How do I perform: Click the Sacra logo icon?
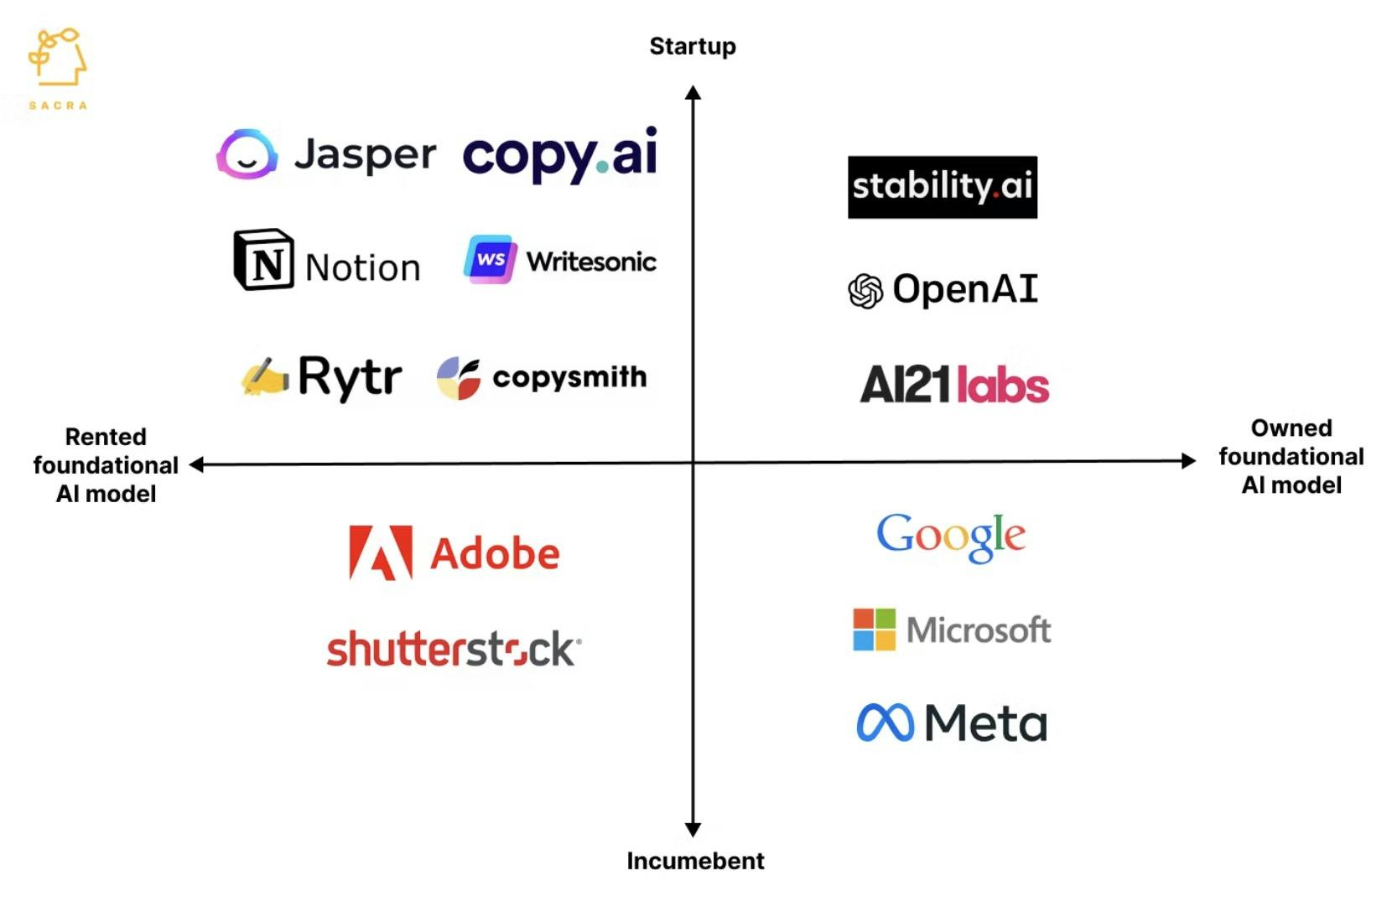tap(57, 56)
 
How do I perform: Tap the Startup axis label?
tap(693, 47)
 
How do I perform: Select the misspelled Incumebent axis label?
tap(695, 861)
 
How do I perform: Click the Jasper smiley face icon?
tap(247, 154)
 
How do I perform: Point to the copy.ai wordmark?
tap(560, 154)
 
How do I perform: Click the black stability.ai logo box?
tap(942, 187)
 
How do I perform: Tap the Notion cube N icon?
tap(263, 260)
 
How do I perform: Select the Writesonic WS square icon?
tap(491, 260)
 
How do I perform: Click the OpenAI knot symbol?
tap(865, 291)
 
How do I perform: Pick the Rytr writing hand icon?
tap(265, 376)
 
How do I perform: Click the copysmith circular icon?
tap(459, 378)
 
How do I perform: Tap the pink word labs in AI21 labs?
tap(1002, 385)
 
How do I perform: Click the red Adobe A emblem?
tap(381, 553)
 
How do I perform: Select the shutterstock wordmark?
tap(454, 649)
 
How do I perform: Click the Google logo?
tap(951, 537)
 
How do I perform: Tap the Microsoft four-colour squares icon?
tap(875, 630)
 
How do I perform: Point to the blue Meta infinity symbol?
tap(885, 723)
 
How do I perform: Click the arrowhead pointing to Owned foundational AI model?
tap(1188, 461)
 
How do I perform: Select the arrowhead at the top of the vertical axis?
tap(693, 93)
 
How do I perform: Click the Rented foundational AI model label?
tap(106, 465)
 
